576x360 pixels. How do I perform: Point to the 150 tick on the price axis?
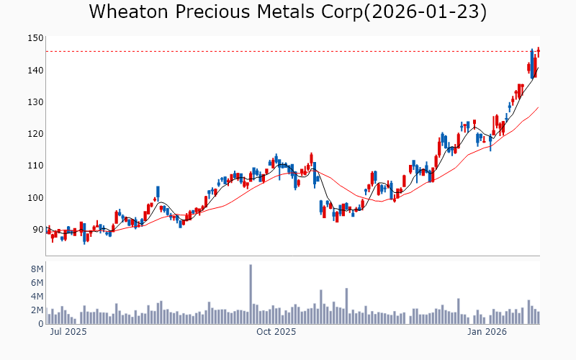(35, 38)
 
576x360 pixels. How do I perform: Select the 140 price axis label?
(35, 71)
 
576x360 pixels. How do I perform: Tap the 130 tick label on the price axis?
(35, 102)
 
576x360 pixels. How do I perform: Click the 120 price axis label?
(35, 134)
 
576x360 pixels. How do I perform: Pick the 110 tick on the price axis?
(35, 166)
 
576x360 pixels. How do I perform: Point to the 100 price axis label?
(35, 198)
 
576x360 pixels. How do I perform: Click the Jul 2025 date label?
(68, 333)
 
